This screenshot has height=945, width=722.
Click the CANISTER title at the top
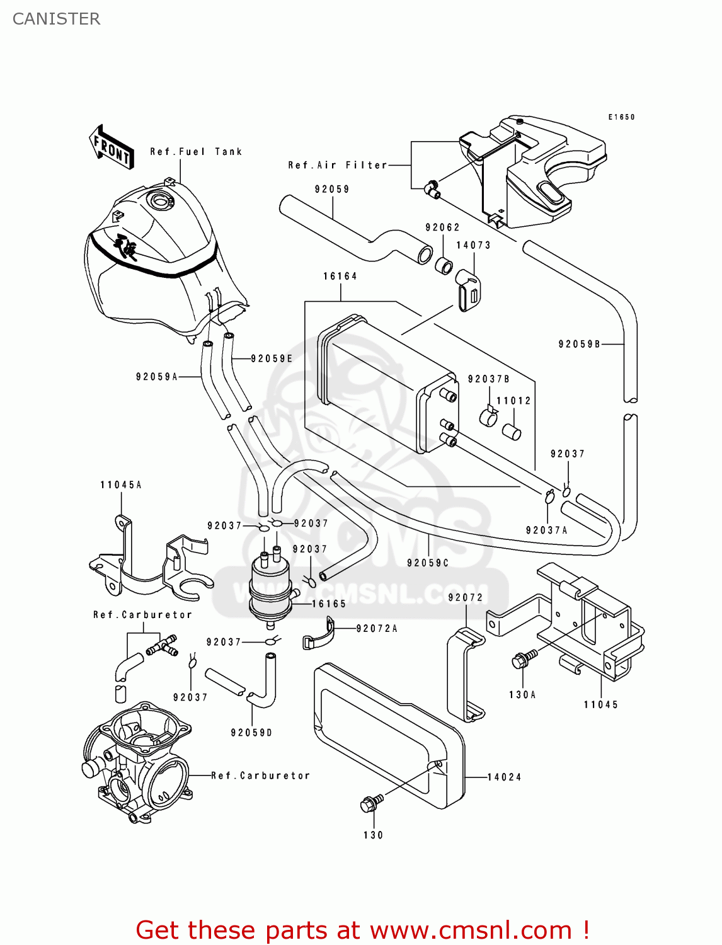pos(56,19)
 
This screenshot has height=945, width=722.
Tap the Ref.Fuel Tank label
pos(196,152)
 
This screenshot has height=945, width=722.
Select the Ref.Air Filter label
pos(337,165)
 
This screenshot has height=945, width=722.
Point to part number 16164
pos(340,277)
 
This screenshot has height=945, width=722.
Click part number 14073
pos(473,245)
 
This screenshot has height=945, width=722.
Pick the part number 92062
pos(442,227)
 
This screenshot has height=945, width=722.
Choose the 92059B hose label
pos(580,344)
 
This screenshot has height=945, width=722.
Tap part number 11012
pos(513,401)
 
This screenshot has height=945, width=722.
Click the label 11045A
pos(121,485)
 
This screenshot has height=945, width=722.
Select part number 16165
pos(329,604)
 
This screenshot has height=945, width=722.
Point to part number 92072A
pos(377,629)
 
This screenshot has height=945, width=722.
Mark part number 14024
pos(504,777)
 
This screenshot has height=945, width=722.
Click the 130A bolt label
pos(522,695)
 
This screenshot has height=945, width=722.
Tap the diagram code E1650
pos(621,117)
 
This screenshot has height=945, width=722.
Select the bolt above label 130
pos(371,803)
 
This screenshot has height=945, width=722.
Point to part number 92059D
pos(251,733)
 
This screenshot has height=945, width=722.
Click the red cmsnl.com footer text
pos(362,931)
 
